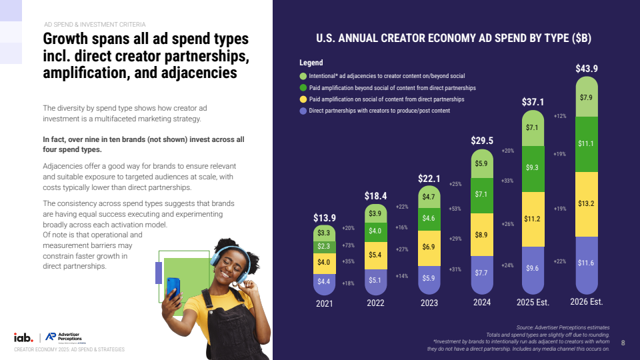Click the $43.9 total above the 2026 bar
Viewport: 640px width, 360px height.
587,69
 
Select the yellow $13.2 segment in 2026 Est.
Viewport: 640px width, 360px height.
587,203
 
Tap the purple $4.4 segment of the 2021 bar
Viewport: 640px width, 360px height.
325,282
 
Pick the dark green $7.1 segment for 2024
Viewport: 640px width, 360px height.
482,194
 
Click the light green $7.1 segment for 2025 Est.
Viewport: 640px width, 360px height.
532,127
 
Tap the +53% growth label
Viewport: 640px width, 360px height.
455,209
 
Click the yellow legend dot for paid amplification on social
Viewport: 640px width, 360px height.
303,99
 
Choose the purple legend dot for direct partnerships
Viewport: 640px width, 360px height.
303,111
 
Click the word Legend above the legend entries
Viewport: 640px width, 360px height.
311,63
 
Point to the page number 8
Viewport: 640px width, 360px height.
623,343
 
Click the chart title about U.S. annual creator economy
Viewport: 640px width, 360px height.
453,39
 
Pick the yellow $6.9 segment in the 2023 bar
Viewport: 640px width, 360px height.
429,247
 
